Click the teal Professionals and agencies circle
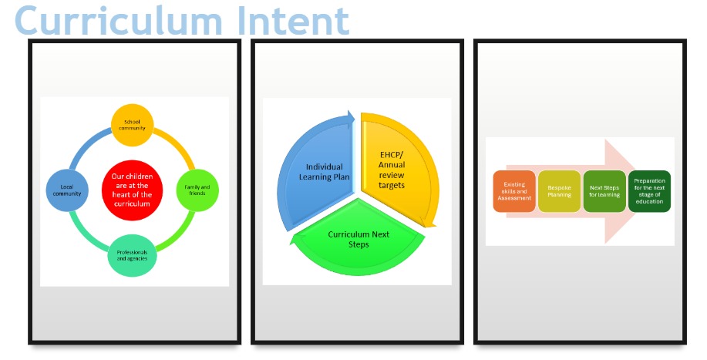[132, 254]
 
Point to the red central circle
[132, 190]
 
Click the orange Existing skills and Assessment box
[514, 191]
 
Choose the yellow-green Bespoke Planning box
[560, 191]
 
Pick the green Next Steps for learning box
[604, 191]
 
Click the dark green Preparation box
[650, 191]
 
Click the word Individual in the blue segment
[325, 167]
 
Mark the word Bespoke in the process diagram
[560, 187]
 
